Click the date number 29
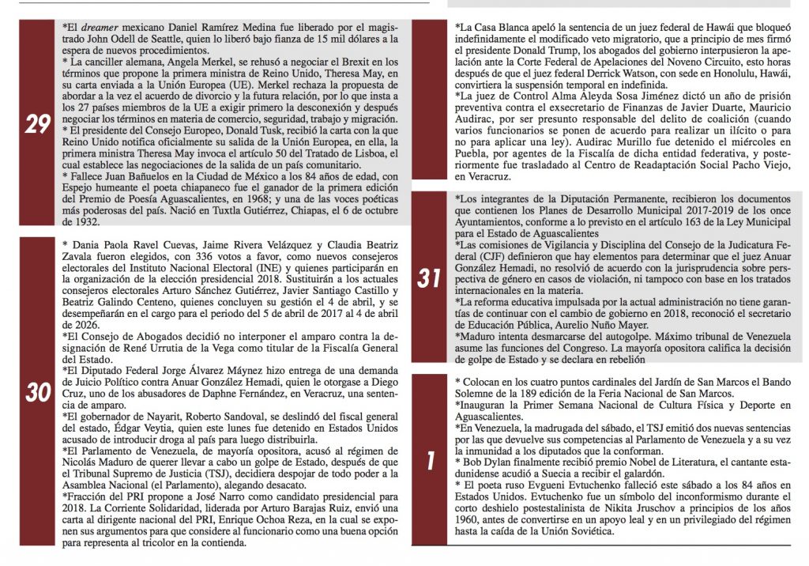click(37, 126)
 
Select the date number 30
click(37, 392)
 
